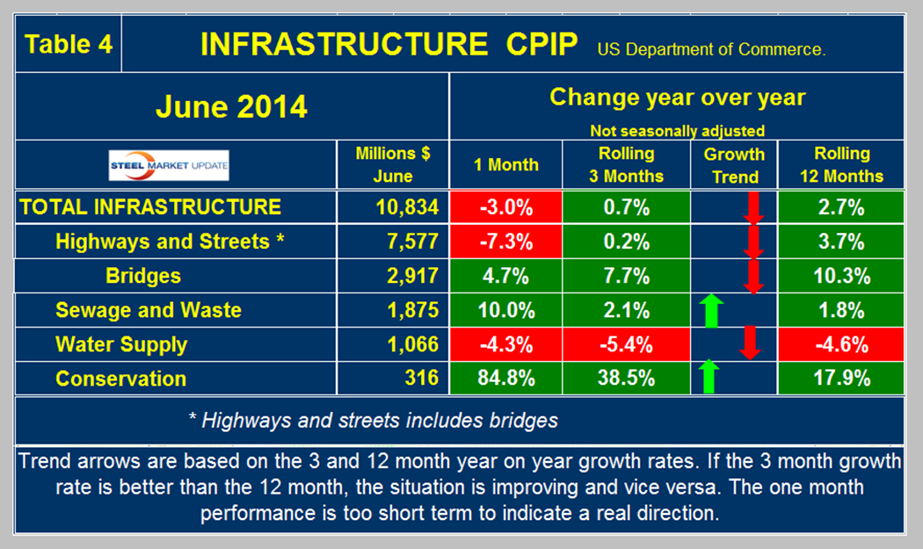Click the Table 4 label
69,44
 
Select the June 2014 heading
231,107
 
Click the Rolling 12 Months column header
842,164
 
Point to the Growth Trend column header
735,164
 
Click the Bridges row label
143,276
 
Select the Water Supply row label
121,344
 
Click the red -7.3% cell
505,242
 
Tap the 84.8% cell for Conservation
505,379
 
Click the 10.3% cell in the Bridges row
842,276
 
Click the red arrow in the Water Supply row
749,343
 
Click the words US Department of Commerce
711,50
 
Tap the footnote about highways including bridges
374,421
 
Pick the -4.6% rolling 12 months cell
842,344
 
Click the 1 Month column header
505,164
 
